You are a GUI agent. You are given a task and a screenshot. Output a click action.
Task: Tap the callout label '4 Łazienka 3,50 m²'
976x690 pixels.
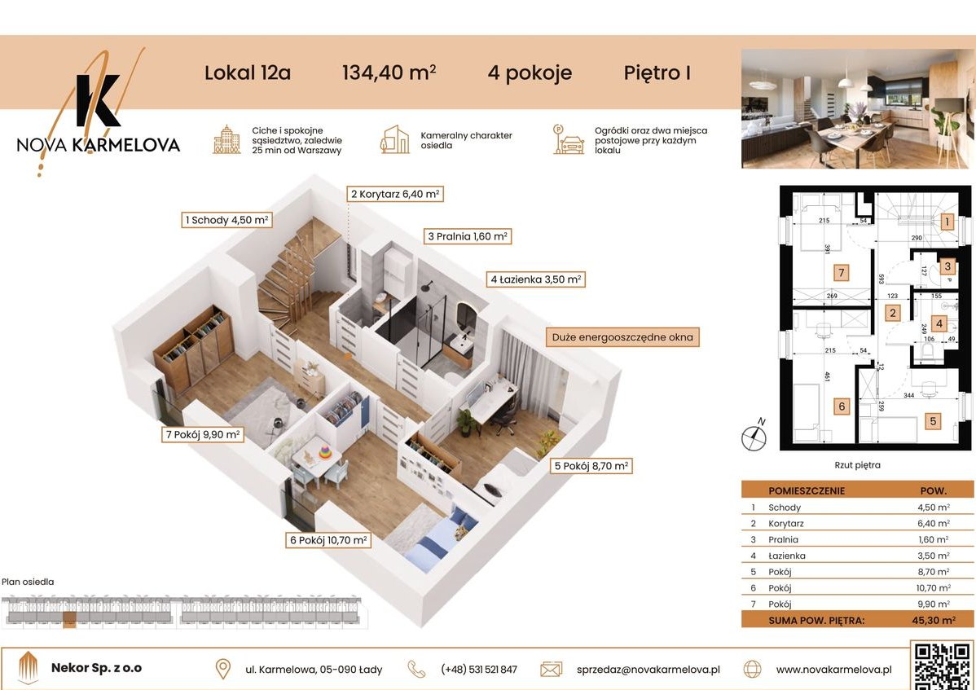click(535, 279)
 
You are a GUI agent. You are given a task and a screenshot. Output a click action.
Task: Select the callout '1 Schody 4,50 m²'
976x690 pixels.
click(226, 219)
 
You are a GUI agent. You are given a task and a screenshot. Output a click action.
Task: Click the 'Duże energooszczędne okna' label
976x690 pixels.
click(623, 336)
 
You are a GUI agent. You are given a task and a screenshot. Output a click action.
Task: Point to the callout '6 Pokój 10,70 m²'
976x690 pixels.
click(327, 539)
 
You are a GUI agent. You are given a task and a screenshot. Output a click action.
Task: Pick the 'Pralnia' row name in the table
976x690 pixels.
click(783, 539)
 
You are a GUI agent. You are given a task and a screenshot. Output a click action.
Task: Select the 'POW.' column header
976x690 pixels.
click(933, 490)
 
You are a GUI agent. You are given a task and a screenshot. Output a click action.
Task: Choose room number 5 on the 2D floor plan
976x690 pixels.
click(933, 421)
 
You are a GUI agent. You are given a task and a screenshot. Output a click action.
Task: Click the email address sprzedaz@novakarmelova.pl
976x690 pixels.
click(642, 670)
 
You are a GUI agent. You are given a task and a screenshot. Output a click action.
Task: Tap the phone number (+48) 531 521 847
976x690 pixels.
click(478, 670)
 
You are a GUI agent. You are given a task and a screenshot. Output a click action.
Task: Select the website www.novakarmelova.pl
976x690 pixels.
click(833, 670)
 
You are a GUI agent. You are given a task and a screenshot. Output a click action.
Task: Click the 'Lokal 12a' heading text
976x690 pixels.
click(247, 73)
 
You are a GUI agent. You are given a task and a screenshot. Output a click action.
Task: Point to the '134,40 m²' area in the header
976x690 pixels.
click(389, 73)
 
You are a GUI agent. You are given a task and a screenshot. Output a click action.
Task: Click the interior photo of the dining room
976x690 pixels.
click(857, 108)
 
